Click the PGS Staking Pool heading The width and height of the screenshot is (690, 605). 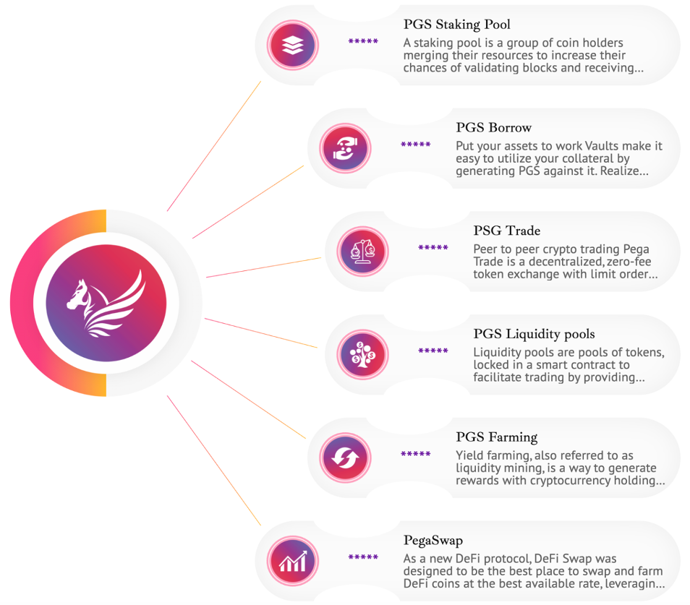click(x=456, y=25)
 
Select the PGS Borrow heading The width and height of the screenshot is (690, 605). click(x=493, y=128)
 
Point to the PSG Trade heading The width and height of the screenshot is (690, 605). click(x=506, y=231)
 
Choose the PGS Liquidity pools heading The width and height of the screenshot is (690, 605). click(x=534, y=334)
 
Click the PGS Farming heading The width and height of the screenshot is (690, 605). click(x=496, y=437)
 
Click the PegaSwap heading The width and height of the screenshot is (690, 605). click(x=433, y=541)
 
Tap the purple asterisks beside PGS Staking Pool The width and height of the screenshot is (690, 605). click(x=363, y=41)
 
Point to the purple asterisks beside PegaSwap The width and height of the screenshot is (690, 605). click(x=363, y=557)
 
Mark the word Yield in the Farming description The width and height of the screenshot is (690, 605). click(x=470, y=455)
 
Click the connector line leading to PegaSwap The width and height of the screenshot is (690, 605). click(x=213, y=460)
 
